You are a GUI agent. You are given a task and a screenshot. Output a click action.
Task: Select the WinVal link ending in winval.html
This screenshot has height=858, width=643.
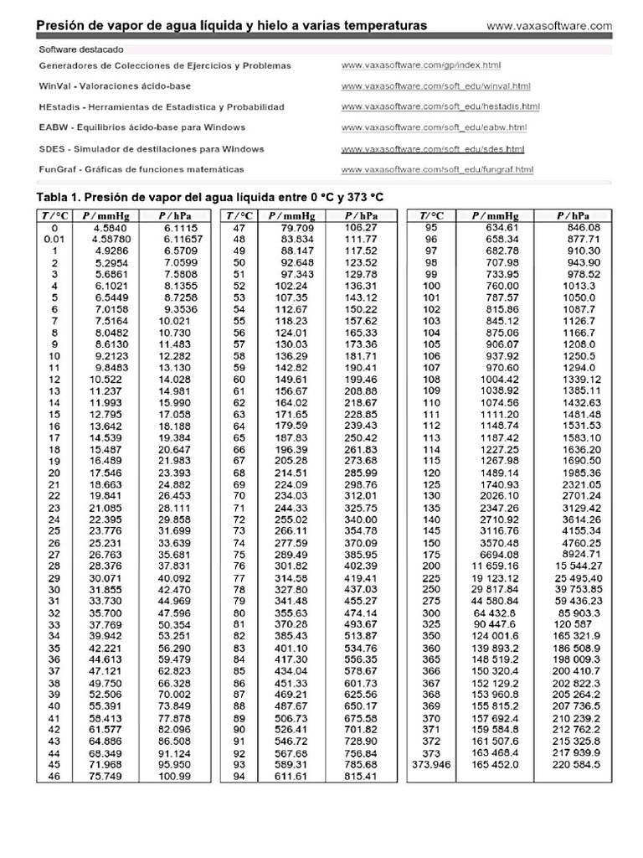(436, 86)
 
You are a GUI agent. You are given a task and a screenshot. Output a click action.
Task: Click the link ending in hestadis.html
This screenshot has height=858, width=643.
(440, 107)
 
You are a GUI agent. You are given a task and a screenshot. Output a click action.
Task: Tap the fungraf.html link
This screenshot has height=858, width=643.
(437, 170)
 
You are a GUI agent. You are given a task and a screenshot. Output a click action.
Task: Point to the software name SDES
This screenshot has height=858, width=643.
(52, 149)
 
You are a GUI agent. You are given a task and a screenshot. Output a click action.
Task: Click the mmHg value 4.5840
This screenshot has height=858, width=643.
(111, 227)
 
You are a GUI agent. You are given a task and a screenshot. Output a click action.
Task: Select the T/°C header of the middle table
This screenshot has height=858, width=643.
(239, 215)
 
